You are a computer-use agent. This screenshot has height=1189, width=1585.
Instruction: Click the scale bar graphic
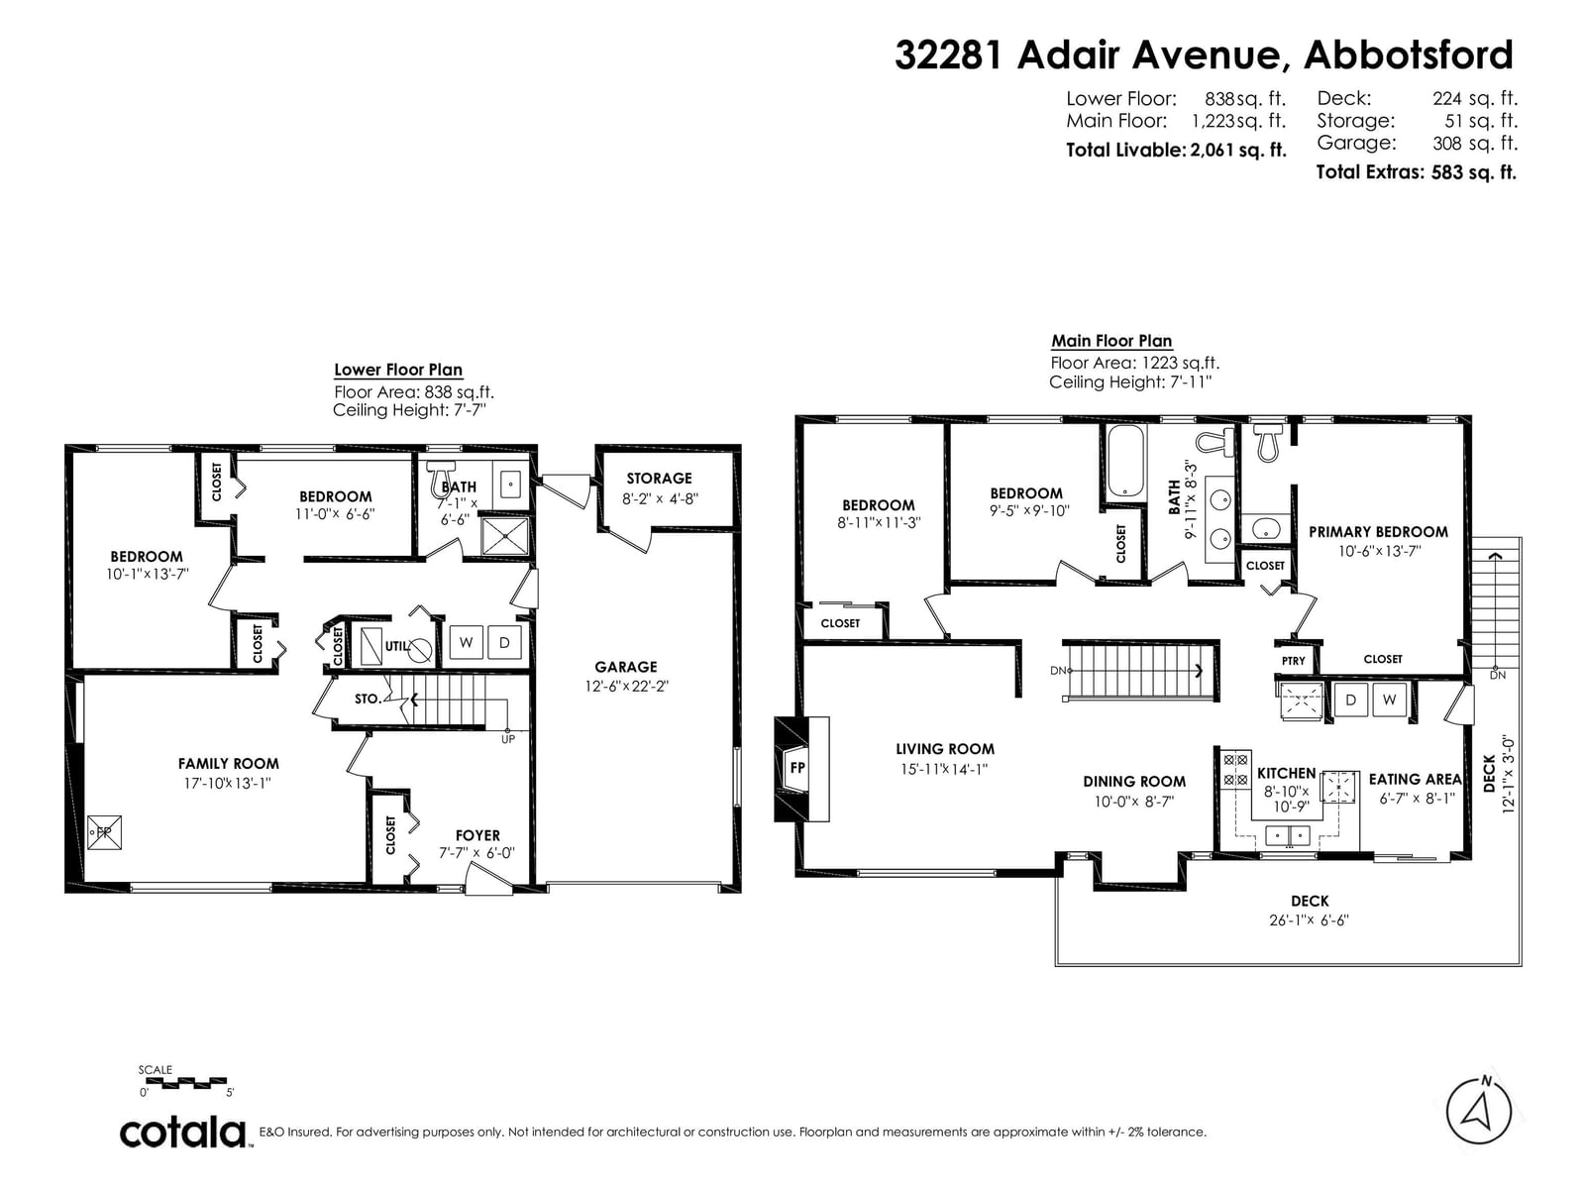(x=186, y=1082)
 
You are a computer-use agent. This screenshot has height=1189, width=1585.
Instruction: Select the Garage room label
(x=626, y=667)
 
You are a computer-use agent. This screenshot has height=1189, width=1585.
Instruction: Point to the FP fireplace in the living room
(x=801, y=769)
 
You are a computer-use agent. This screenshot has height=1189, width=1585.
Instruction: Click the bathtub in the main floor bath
(x=1125, y=462)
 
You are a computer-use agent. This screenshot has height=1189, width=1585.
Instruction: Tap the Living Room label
(x=944, y=749)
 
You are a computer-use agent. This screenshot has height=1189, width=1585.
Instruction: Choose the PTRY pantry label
(x=1294, y=661)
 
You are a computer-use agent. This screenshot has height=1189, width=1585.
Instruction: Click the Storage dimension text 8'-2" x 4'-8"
(x=660, y=498)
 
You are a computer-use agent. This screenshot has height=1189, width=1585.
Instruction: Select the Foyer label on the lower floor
(x=478, y=835)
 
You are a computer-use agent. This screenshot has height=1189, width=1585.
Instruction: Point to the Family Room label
(x=228, y=764)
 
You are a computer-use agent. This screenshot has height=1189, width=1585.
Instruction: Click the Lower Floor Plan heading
(x=398, y=370)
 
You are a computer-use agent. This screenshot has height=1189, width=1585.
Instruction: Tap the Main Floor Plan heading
(x=1111, y=341)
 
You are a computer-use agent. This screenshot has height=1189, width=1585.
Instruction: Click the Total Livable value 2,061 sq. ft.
(x=1238, y=151)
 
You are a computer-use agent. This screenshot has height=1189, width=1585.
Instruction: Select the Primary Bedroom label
(x=1379, y=532)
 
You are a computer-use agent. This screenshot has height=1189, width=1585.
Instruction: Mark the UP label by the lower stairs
(x=508, y=739)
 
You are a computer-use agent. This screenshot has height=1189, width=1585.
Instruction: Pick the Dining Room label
(x=1134, y=782)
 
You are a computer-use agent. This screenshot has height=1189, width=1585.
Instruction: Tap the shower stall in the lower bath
(x=505, y=536)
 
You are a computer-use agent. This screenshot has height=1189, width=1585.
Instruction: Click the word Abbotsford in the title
(x=1408, y=54)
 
